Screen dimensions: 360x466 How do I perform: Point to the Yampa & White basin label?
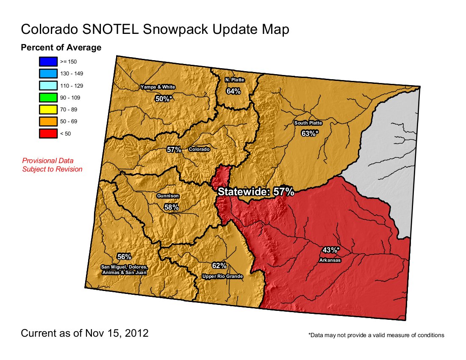(158, 87)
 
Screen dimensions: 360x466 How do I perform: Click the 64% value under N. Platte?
(233, 91)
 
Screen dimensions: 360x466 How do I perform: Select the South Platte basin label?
(308, 123)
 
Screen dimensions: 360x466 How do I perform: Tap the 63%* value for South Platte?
(310, 133)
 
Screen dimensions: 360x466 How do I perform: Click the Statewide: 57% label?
(256, 192)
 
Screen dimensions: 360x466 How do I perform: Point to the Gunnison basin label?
(168, 196)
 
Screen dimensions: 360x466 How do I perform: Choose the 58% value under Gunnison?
(171, 207)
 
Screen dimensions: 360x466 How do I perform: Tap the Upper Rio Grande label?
(222, 277)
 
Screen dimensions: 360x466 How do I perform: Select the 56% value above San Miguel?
(124, 257)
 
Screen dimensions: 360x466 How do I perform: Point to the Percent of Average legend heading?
(61, 47)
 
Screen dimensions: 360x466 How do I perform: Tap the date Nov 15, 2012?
(119, 333)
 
